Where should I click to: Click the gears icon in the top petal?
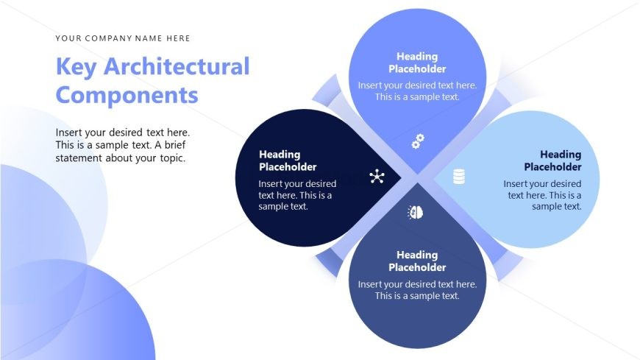click(x=418, y=141)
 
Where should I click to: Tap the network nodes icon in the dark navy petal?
click(x=377, y=177)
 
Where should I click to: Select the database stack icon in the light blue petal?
click(x=459, y=177)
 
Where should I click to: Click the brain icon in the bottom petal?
click(x=416, y=213)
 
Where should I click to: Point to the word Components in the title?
click(x=127, y=95)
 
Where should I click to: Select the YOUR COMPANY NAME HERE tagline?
click(x=123, y=38)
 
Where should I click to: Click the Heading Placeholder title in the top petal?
click(x=417, y=63)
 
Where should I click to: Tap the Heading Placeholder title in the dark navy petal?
click(x=288, y=160)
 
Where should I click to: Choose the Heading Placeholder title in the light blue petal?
click(x=552, y=160)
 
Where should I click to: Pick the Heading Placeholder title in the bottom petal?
click(x=417, y=261)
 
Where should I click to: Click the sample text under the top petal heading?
click(x=417, y=91)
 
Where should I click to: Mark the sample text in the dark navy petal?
click(x=297, y=195)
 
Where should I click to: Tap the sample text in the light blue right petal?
click(x=543, y=195)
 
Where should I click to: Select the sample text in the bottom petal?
click(x=417, y=290)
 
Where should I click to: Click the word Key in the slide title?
click(x=77, y=67)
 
